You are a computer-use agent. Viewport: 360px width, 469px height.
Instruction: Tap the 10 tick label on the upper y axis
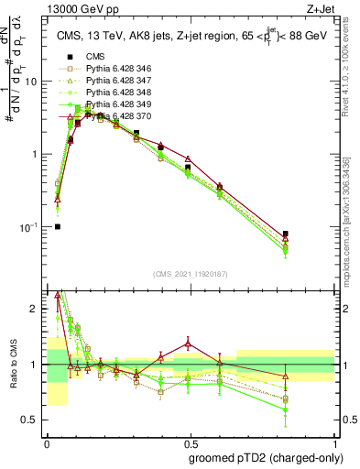[x=31, y=81]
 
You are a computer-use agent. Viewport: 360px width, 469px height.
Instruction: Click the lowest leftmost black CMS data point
[x=58, y=226]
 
